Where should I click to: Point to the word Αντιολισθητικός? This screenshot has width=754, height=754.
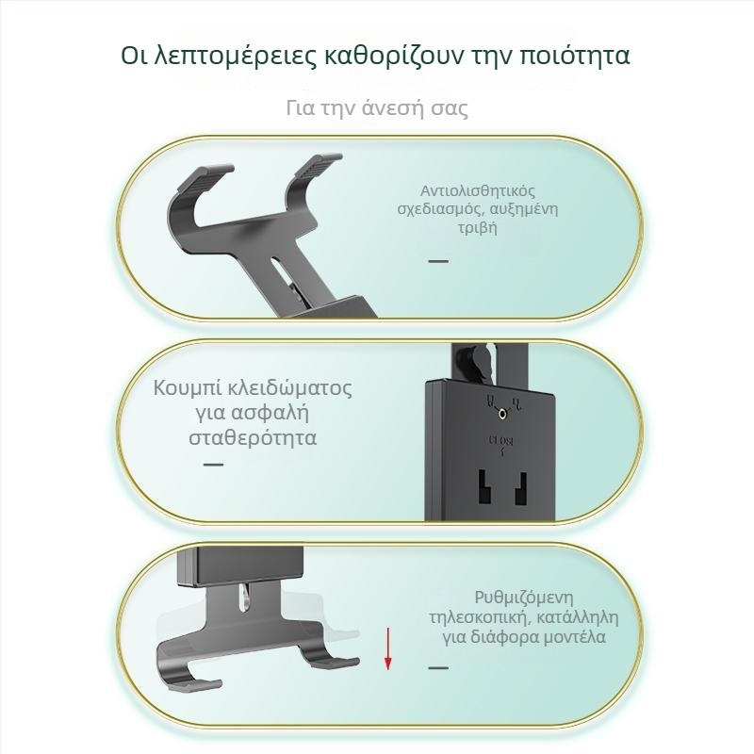478,190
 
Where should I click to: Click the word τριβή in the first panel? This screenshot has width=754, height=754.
477,227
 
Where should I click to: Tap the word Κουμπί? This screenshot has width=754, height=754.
187,389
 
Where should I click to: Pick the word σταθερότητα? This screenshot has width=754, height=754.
253,438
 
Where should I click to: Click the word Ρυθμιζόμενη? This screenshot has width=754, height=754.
524,598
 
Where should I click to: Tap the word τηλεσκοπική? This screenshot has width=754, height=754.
481,617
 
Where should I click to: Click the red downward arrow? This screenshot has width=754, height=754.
387,648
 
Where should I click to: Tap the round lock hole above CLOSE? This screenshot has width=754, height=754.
502,413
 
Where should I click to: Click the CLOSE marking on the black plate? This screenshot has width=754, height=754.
501,440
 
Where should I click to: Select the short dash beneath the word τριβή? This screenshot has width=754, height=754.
438,261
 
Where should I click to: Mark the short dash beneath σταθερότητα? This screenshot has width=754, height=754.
214,465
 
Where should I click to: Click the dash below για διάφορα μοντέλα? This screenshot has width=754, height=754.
438,667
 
